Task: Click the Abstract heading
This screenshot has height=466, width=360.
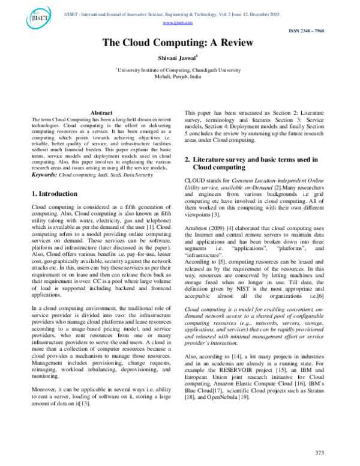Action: [101, 113]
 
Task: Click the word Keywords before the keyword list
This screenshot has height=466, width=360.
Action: [44, 175]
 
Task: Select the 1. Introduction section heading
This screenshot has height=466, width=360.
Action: [53, 194]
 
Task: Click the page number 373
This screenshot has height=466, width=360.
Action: [320, 452]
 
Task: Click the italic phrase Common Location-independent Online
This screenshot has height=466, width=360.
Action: [271, 180]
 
